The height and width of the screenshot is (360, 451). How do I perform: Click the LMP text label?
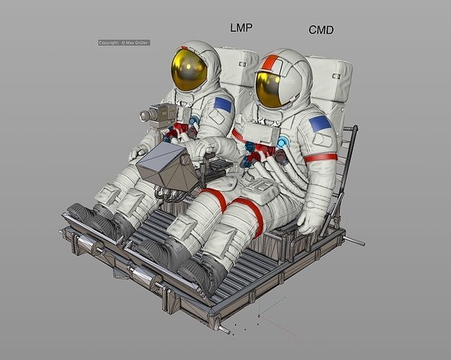(x=241, y=28)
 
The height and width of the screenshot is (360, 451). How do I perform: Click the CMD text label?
(x=321, y=30)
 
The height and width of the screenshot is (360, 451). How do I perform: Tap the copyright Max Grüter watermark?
(x=124, y=42)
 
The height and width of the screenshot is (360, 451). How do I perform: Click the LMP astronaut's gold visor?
(x=188, y=71)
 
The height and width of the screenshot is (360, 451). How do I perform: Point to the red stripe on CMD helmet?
(x=269, y=63)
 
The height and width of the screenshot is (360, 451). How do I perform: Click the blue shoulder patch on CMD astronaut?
(x=319, y=124)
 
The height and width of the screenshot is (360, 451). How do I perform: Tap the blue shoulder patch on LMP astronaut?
(x=223, y=105)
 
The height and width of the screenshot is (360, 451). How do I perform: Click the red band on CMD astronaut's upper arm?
(x=320, y=157)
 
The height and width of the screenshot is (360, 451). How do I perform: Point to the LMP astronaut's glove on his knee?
(x=139, y=153)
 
